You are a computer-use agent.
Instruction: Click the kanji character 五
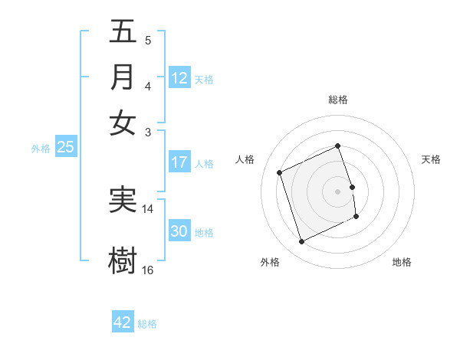click(x=123, y=32)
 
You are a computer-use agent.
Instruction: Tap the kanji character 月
click(x=123, y=77)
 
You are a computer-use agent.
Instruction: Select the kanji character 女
click(x=123, y=123)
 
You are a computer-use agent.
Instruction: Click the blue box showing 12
click(x=179, y=78)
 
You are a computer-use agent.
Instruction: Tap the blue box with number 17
click(x=179, y=162)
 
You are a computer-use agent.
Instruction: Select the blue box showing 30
click(x=179, y=231)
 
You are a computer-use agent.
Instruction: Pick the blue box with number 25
click(x=66, y=148)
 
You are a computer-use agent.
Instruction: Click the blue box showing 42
click(x=123, y=322)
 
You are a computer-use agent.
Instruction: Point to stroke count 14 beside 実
click(x=148, y=208)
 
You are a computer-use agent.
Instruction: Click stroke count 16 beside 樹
click(x=148, y=270)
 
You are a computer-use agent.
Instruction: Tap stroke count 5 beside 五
click(x=147, y=41)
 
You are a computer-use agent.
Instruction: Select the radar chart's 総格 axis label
click(x=338, y=100)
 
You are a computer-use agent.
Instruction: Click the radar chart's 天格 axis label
click(x=431, y=159)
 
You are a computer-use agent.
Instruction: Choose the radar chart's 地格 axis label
click(x=402, y=262)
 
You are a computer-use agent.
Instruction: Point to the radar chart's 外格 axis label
click(x=270, y=262)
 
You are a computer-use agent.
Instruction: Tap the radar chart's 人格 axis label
click(x=245, y=159)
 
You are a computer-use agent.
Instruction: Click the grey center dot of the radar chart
click(x=338, y=191)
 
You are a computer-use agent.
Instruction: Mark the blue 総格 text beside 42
click(x=147, y=324)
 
